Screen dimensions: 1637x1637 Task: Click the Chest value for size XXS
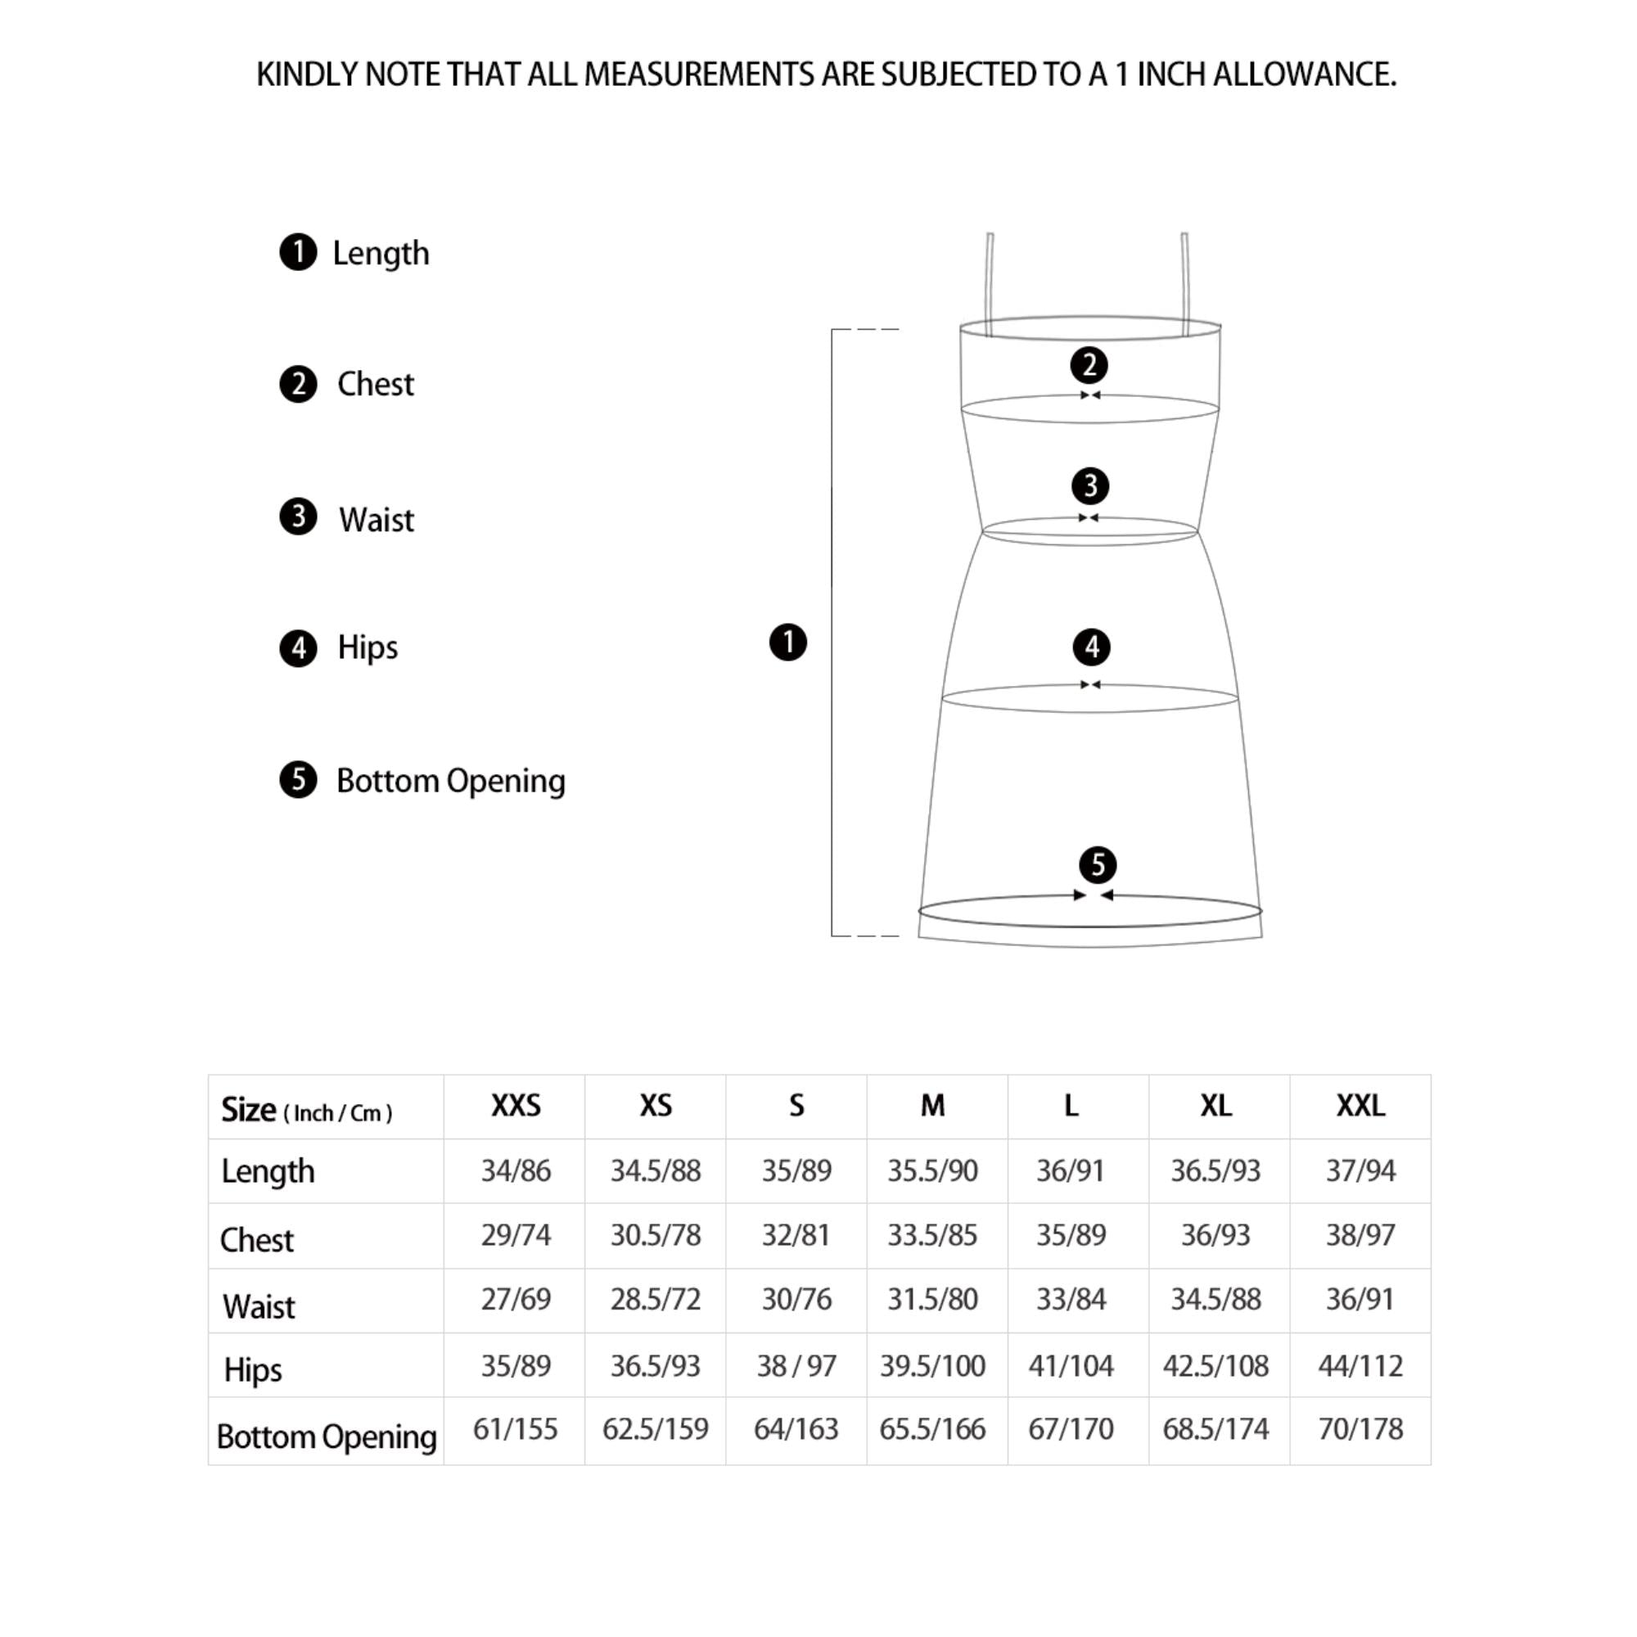pyautogui.click(x=515, y=1235)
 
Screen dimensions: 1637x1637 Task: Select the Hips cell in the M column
pyautogui.click(x=932, y=1366)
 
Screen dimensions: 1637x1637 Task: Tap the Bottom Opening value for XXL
pyautogui.click(x=1360, y=1429)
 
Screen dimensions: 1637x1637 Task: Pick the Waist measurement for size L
pyautogui.click(x=1071, y=1299)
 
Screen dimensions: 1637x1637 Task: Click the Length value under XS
pyautogui.click(x=655, y=1171)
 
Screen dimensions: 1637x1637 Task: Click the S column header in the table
pyautogui.click(x=796, y=1106)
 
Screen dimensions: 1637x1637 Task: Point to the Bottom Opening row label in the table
pyautogui.click(x=327, y=1437)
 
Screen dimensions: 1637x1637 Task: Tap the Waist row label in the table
pyautogui.click(x=259, y=1306)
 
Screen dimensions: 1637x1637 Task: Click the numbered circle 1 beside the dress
pyautogui.click(x=788, y=643)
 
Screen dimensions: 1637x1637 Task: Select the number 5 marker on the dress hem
pyautogui.click(x=1098, y=865)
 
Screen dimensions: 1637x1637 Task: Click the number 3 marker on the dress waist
pyautogui.click(x=1090, y=485)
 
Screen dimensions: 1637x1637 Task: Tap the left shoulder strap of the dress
pyautogui.click(x=990, y=280)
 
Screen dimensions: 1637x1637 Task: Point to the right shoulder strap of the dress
pyautogui.click(x=1185, y=280)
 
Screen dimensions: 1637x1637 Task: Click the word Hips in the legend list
pyautogui.click(x=367, y=647)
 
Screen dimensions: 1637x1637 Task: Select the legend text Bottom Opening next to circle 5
pyautogui.click(x=451, y=781)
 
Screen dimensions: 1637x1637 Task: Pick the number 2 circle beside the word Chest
pyautogui.click(x=298, y=384)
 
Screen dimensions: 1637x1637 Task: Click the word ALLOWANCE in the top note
pyautogui.click(x=1304, y=74)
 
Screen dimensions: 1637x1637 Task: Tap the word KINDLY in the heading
pyautogui.click(x=307, y=74)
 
